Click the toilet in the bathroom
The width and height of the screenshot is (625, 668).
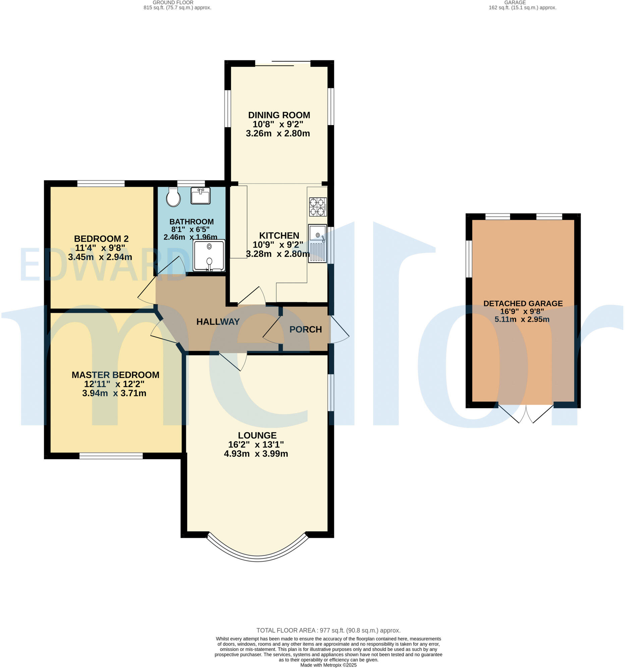pyautogui.click(x=173, y=197)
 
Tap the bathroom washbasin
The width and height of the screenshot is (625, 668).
pyautogui.click(x=200, y=196)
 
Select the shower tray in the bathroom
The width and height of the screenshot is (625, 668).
pyautogui.click(x=209, y=256)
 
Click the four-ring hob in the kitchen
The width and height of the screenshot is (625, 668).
pyautogui.click(x=318, y=207)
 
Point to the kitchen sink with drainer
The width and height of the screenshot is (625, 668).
pyautogui.click(x=317, y=243)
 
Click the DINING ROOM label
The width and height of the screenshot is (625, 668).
pyautogui.click(x=279, y=115)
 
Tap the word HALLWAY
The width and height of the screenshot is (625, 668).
pyautogui.click(x=218, y=322)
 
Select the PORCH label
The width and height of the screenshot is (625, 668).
pyautogui.click(x=305, y=329)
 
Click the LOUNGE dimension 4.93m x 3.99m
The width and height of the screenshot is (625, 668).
pyautogui.click(x=256, y=454)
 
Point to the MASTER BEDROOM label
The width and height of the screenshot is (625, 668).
pyautogui.click(x=115, y=375)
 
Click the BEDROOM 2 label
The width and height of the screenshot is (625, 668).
pyautogui.click(x=101, y=238)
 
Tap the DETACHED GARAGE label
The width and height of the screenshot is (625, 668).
pyautogui.click(x=522, y=303)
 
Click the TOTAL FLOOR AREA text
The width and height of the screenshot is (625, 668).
pyautogui.click(x=328, y=630)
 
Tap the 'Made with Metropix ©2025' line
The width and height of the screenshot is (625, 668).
pyautogui.click(x=328, y=665)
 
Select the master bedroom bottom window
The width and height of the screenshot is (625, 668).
pyautogui.click(x=111, y=456)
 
